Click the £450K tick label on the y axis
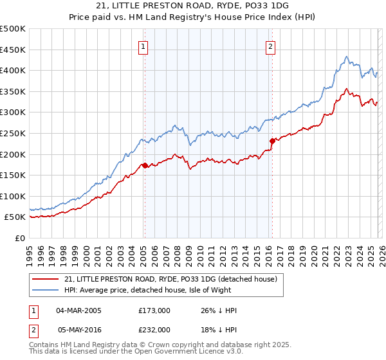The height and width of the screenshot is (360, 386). [13, 50]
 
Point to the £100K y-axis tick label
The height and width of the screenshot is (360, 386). [13, 196]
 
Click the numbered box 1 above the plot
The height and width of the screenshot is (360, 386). [143, 46]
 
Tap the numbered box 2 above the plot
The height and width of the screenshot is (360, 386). [271, 46]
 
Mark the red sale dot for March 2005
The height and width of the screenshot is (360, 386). [145, 165]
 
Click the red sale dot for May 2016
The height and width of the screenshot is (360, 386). [272, 140]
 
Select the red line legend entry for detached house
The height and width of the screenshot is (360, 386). [170, 279]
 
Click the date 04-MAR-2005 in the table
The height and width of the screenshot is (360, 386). [78, 310]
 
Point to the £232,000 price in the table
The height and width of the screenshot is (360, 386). [154, 328]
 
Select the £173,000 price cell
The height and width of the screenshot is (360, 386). [154, 310]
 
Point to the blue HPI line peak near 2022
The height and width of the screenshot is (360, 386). [346, 57]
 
